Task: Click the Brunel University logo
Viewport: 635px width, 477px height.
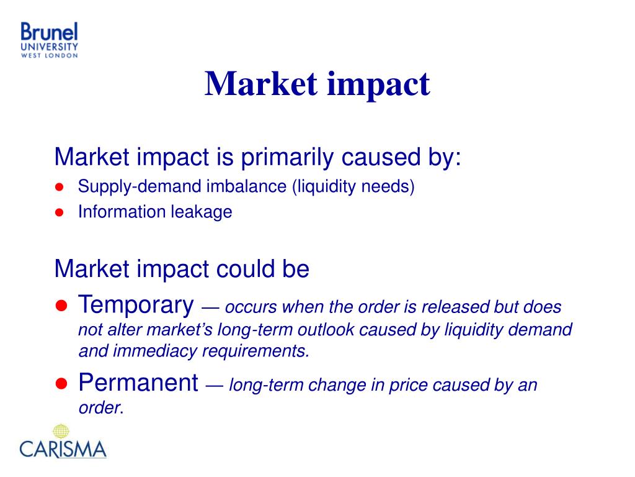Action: coord(49,40)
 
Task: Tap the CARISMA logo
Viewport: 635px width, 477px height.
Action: coord(63,442)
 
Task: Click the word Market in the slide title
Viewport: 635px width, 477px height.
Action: coord(261,84)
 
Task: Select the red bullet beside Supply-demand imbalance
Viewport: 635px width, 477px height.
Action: coord(60,187)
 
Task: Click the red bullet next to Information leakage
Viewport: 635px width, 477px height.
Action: coord(60,212)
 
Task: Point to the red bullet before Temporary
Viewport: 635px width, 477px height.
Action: coord(61,306)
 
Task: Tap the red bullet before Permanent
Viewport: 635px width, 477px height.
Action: coord(61,383)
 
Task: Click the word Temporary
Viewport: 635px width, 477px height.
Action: coord(136,305)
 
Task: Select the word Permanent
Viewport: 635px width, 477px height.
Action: coord(138,383)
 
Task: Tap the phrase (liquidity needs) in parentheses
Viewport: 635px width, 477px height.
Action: coord(353,186)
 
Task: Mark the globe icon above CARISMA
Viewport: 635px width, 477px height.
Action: coord(61,431)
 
